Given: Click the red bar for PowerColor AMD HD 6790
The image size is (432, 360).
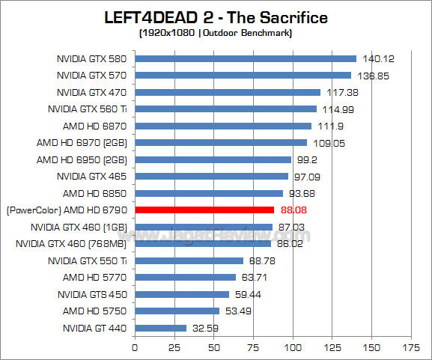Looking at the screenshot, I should click(204, 210).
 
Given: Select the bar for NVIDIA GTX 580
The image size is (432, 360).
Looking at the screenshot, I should click(246, 58).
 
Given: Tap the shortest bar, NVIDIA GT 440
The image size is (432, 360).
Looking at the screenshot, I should click(160, 328).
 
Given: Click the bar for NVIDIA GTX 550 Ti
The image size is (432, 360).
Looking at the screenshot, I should click(189, 260).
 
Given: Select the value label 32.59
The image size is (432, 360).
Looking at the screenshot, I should click(205, 328).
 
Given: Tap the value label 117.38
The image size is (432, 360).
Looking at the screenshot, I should click(340, 92).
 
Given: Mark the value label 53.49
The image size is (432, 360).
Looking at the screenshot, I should click(239, 311).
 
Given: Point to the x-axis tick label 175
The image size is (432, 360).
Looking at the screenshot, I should click(411, 347).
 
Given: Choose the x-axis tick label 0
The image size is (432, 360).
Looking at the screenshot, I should click(135, 347).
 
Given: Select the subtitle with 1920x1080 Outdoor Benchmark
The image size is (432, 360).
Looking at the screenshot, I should click(216, 34).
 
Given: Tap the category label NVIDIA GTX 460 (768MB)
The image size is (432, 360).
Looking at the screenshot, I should click(72, 243).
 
